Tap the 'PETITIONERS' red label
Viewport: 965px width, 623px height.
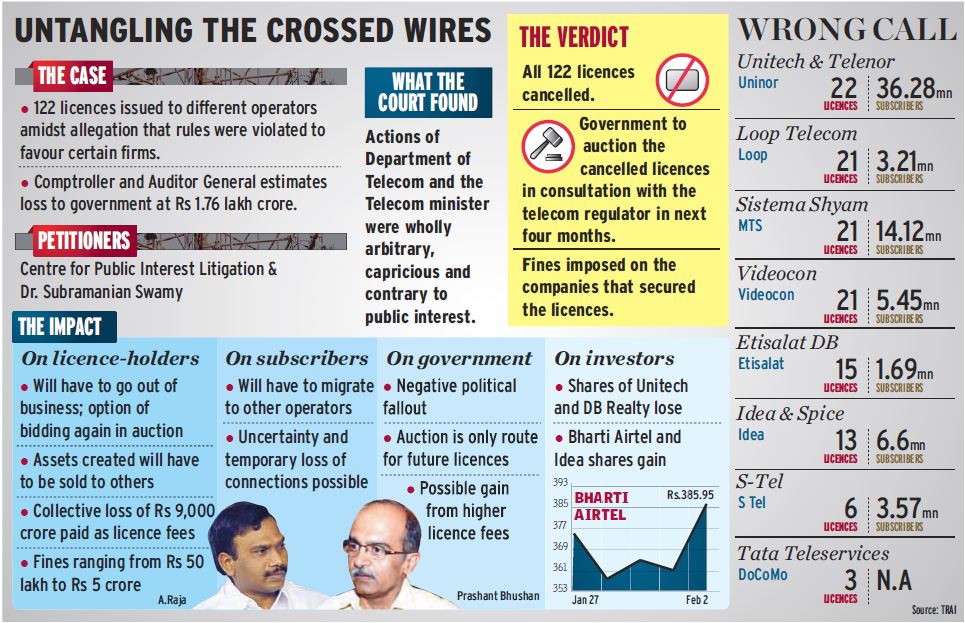pyautogui.click(x=84, y=240)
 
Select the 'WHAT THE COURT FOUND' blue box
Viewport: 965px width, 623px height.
pyautogui.click(x=428, y=92)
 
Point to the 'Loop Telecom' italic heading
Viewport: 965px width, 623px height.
pyautogui.click(x=797, y=133)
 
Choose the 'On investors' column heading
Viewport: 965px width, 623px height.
pyautogui.click(x=614, y=357)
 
